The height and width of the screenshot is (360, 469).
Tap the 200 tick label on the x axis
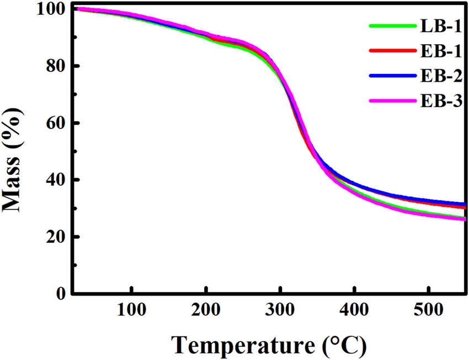pos(206,310)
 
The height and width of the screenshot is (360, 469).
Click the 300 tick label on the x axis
pos(280,310)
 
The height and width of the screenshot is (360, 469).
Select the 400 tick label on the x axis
pos(354,310)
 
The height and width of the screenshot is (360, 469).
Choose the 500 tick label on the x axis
pos(429,310)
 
